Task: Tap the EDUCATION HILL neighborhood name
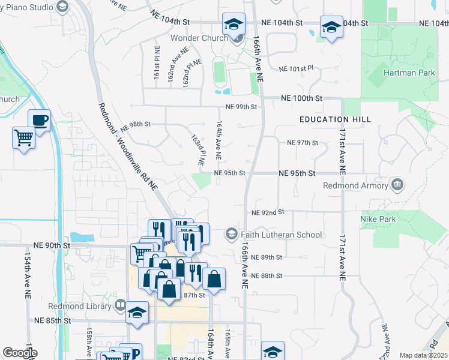pos(336,120)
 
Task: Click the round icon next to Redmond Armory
pos(396,183)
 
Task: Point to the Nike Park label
pos(378,219)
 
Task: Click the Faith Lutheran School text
pos(282,235)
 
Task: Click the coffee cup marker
pos(40,120)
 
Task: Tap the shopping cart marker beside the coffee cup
pos(23,137)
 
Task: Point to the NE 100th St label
pos(301,98)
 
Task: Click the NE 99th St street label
pos(241,107)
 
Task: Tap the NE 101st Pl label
pos(298,68)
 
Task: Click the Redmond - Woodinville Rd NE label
pos(127,147)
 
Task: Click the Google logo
pos(20,353)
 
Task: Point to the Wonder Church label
pos(197,38)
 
